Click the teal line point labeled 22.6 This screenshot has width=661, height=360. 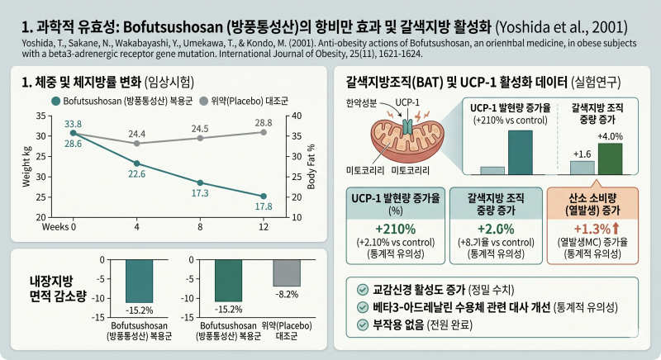(136, 163)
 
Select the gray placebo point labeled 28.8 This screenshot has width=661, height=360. (264, 132)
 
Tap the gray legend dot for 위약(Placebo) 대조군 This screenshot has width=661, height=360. (203, 101)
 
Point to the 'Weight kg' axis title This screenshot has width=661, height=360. (26, 167)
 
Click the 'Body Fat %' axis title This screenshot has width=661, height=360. (311, 167)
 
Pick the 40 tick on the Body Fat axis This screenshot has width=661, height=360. (297, 116)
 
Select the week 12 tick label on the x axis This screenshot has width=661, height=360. (264, 227)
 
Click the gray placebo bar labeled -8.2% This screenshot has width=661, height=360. (287, 272)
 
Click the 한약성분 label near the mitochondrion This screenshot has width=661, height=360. (361, 102)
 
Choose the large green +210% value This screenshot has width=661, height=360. (396, 229)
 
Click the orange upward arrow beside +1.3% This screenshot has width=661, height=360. (616, 229)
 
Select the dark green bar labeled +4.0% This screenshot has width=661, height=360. (610, 159)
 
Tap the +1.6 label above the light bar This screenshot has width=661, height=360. (583, 154)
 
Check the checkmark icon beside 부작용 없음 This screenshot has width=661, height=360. (362, 325)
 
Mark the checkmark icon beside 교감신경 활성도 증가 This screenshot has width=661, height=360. (362, 290)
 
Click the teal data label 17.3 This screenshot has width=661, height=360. (200, 193)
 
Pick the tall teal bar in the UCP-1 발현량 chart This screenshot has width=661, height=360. (521, 153)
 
